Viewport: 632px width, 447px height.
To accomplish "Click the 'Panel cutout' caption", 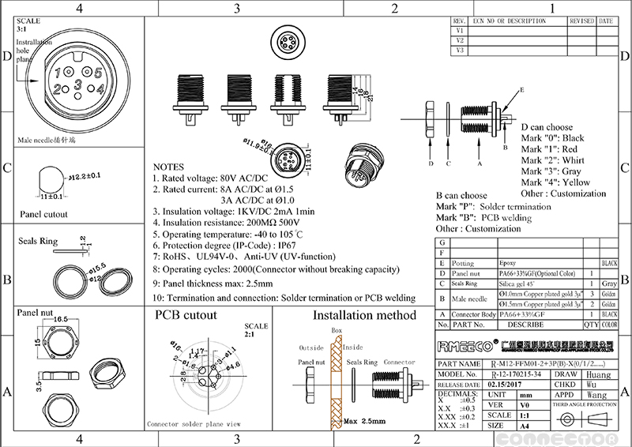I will click(x=43, y=214).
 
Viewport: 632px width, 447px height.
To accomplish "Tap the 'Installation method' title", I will click(x=364, y=315).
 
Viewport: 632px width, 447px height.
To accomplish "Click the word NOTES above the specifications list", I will click(x=168, y=167).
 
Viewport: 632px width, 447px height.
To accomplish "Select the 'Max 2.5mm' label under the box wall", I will click(x=364, y=423).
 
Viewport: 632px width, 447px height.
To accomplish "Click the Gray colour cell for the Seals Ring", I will click(x=609, y=283).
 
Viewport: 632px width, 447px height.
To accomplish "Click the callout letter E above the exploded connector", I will click(x=521, y=92).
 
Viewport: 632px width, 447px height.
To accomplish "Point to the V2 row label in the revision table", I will click(x=460, y=40).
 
